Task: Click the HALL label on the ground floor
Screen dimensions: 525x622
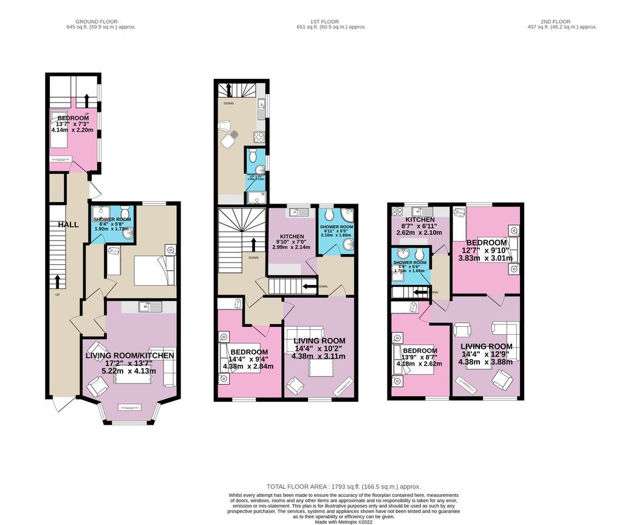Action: click(68, 225)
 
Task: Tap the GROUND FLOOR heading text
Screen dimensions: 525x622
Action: click(101, 21)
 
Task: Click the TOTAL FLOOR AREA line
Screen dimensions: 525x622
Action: click(343, 487)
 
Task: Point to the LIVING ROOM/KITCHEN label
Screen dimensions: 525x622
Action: click(130, 355)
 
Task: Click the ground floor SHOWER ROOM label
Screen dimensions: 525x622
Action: click(112, 219)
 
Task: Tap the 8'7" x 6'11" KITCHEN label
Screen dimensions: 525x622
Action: click(420, 220)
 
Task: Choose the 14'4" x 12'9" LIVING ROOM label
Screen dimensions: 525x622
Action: click(485, 346)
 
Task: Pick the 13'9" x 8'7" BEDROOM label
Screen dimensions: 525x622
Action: click(419, 351)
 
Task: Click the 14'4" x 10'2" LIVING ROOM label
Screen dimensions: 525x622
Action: click(320, 341)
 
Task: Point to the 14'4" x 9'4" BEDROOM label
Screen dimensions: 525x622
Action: click(249, 352)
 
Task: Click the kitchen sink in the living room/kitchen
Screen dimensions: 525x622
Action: click(146, 307)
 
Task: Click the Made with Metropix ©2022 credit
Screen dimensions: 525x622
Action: click(343, 521)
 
